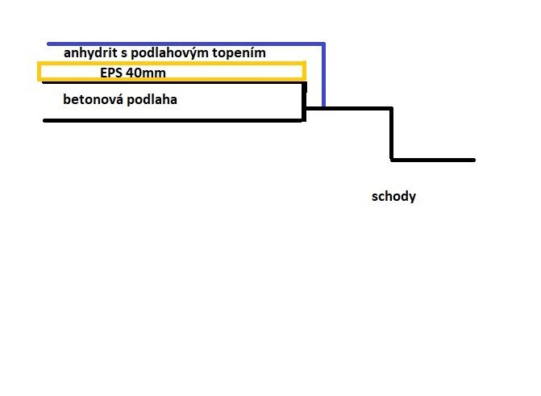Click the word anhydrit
click(x=90, y=53)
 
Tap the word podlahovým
click(x=170, y=53)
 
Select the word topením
click(x=239, y=53)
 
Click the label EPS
click(x=111, y=73)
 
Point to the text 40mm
click(x=146, y=73)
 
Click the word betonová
click(x=94, y=99)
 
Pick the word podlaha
click(x=152, y=100)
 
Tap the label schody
click(x=393, y=197)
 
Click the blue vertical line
click(x=323, y=75)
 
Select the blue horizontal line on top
click(x=186, y=44)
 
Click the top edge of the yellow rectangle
click(x=172, y=64)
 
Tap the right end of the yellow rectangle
click(x=304, y=72)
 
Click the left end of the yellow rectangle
click(x=40, y=72)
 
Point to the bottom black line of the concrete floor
click(x=173, y=120)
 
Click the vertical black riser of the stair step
click(x=392, y=135)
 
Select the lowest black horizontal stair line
click(x=433, y=160)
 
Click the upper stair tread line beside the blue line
click(x=349, y=109)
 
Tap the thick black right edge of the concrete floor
click(x=304, y=102)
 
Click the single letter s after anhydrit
click(x=124, y=54)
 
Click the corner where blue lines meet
click(x=323, y=44)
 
